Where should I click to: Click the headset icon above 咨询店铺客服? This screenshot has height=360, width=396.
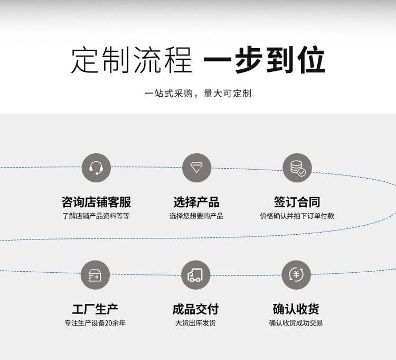96,168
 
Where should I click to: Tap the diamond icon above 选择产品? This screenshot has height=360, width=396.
196,168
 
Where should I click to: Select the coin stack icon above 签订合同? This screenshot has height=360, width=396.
297,168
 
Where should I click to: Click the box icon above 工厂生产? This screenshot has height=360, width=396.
95,275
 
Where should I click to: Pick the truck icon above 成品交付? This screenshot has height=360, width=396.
195,275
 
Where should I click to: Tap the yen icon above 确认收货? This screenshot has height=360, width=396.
296,275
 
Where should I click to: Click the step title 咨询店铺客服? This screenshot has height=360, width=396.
96,202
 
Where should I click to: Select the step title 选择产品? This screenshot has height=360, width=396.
196,202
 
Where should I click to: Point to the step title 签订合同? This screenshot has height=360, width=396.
297,202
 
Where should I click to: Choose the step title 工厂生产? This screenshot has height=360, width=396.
95,309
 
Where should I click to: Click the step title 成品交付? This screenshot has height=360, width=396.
195,309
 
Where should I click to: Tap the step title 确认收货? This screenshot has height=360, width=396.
296,309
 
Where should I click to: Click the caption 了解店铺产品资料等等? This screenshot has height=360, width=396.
96,216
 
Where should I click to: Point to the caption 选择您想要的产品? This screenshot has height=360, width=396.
196,216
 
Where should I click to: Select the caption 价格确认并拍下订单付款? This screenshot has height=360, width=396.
297,216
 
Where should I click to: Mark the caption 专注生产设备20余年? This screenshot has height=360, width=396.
95,323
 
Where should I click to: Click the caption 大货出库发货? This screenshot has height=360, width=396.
195,323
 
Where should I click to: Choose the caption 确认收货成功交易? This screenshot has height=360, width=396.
296,323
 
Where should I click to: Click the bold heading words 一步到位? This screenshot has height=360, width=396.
264,61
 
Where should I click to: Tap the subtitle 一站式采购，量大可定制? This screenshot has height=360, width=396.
198,94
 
